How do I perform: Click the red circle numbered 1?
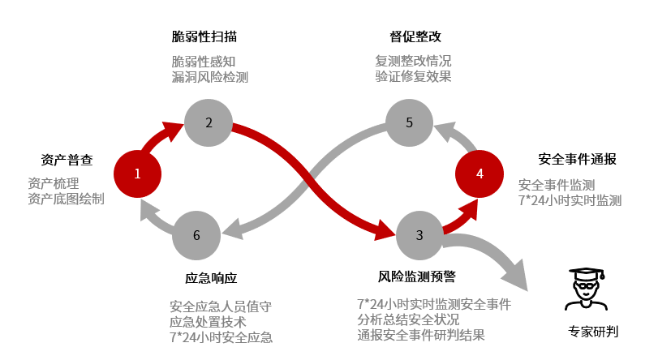138,174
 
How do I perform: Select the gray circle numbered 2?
209,123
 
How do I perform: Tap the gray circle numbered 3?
419,235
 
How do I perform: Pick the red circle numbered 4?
480,174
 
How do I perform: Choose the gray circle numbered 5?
410,123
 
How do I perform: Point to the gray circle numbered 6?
196,235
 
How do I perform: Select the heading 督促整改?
415,36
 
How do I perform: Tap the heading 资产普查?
67,160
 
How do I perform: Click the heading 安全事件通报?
577,160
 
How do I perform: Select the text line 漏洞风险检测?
209,77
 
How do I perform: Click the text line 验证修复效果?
413,77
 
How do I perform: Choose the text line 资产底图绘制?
67,199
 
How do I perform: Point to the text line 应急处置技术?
208,321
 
